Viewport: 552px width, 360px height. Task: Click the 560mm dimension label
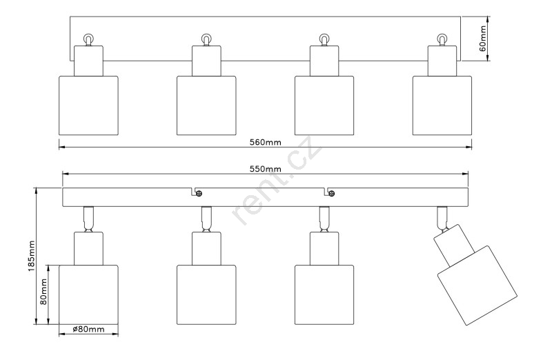tap(266, 142)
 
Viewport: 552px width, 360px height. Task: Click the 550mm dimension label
tap(266, 169)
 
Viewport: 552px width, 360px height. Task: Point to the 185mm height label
tap(31, 257)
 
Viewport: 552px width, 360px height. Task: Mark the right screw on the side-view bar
tap(331, 193)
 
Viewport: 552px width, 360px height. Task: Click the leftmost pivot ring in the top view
tap(88, 39)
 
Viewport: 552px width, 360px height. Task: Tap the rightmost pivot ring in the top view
tap(442, 39)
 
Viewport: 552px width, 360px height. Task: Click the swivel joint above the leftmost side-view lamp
tap(88, 219)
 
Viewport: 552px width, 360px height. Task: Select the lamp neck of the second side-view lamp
tap(206, 247)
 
